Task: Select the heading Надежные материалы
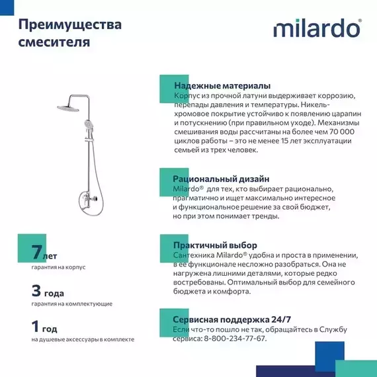tap(222, 86)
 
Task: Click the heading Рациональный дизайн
tap(221, 179)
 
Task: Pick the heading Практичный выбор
tap(215, 245)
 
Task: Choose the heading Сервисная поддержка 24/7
tap(231, 319)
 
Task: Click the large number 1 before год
tap(36, 327)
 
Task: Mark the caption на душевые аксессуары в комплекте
tap(83, 339)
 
